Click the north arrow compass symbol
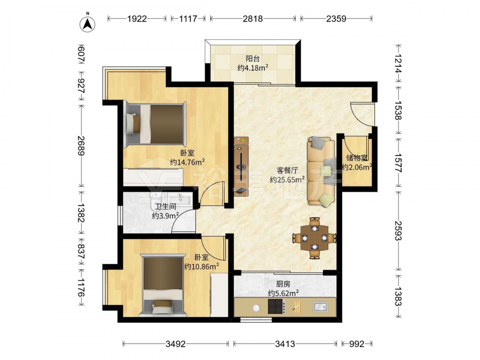coord(87,24)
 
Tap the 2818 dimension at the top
coord(252,19)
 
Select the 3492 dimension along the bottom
coord(175,344)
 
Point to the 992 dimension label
coord(357,344)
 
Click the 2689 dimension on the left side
coord(81,146)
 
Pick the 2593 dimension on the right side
coord(398,231)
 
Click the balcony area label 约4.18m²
coord(253,68)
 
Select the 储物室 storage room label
coord(357,158)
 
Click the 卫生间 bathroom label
coord(165,206)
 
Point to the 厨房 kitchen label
coord(283,284)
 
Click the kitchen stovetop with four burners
coord(276,306)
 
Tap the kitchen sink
coord(320,306)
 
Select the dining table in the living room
coord(314,238)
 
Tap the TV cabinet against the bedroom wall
coord(241,166)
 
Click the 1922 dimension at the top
coord(137,19)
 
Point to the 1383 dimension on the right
coord(398,296)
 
